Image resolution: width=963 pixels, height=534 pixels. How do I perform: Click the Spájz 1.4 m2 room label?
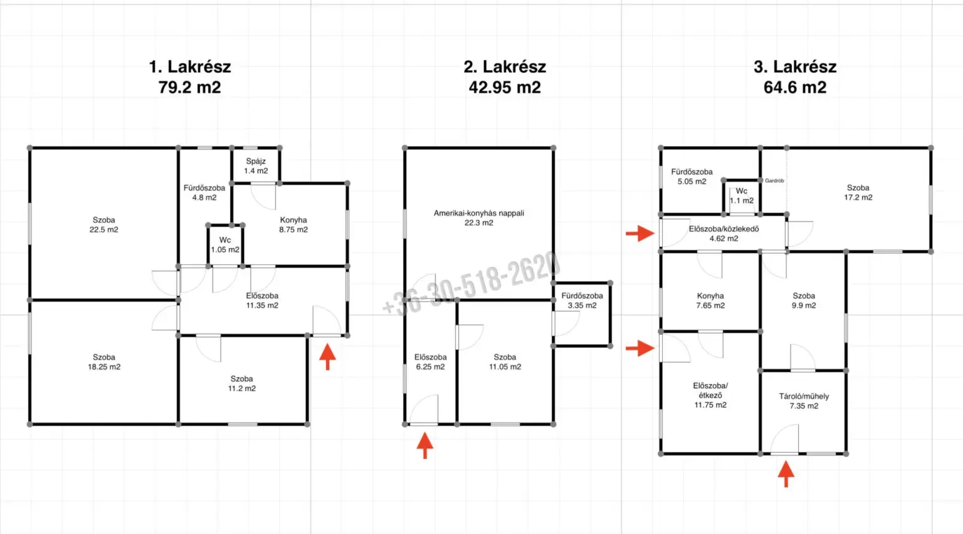pyautogui.click(x=256, y=166)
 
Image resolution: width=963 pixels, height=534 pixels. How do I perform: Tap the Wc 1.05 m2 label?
pyautogui.click(x=225, y=244)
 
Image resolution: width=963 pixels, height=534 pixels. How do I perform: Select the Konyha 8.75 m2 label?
pyautogui.click(x=293, y=225)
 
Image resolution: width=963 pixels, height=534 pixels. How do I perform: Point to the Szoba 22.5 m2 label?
pyautogui.click(x=103, y=225)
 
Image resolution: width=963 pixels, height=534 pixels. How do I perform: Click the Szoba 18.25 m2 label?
pyautogui.click(x=104, y=362)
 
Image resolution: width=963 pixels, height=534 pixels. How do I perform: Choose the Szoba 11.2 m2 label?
pyautogui.click(x=241, y=384)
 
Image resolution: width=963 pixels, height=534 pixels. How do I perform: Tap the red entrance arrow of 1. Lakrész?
pyautogui.click(x=328, y=357)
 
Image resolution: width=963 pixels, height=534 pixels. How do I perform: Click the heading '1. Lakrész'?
pyautogui.click(x=189, y=66)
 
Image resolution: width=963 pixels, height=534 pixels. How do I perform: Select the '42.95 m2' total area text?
pyautogui.click(x=505, y=87)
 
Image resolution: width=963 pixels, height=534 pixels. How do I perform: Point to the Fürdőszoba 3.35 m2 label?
pyautogui.click(x=582, y=301)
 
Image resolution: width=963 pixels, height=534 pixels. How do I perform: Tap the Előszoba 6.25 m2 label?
pyautogui.click(x=430, y=362)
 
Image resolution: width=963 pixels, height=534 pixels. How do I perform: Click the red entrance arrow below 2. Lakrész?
pyautogui.click(x=424, y=446)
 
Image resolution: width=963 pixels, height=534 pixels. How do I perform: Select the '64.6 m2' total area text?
pyautogui.click(x=795, y=87)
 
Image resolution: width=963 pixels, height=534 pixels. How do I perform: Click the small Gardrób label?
pyautogui.click(x=774, y=181)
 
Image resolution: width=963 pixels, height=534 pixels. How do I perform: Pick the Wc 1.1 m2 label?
pyautogui.click(x=742, y=196)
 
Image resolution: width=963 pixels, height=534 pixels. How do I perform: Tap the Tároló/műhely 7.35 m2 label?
pyautogui.click(x=804, y=401)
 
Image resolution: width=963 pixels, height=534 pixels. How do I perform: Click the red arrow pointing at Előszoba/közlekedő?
pyautogui.click(x=640, y=233)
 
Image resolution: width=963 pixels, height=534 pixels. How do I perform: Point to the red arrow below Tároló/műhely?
pyautogui.click(x=786, y=474)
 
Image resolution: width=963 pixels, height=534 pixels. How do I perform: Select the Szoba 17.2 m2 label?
pyautogui.click(x=858, y=192)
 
